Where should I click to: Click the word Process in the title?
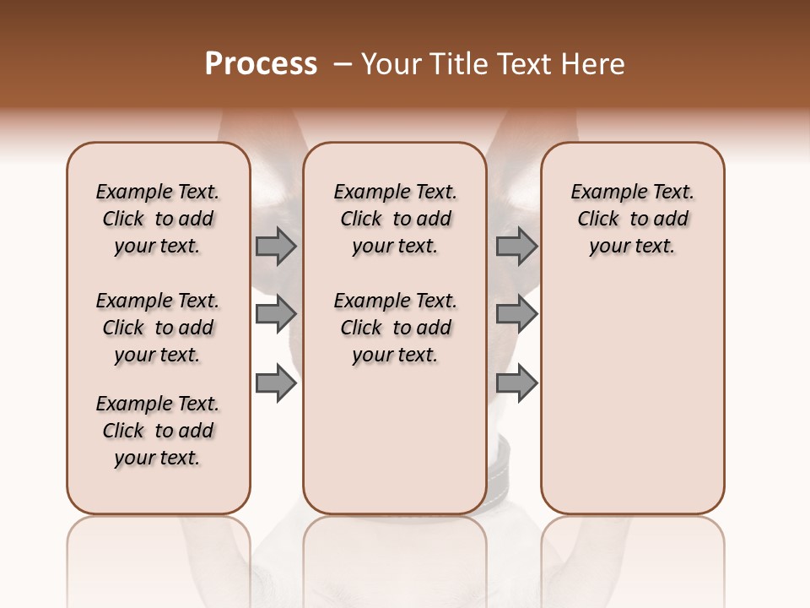point(261,64)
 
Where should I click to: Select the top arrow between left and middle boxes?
point(276,246)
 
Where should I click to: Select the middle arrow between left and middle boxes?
point(276,314)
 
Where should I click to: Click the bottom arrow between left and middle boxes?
point(276,383)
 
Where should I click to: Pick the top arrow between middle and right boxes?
point(516,246)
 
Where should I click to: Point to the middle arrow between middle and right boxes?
point(516,314)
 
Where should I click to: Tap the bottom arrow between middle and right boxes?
point(516,383)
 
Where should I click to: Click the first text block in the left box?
point(158,219)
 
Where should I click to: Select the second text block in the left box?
point(158,328)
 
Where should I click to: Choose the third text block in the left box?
point(158,431)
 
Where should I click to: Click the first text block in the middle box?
point(395,219)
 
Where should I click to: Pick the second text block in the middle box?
point(395,328)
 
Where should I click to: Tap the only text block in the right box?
point(632,219)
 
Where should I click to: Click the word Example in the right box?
point(602,193)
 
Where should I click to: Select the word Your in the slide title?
point(391,64)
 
